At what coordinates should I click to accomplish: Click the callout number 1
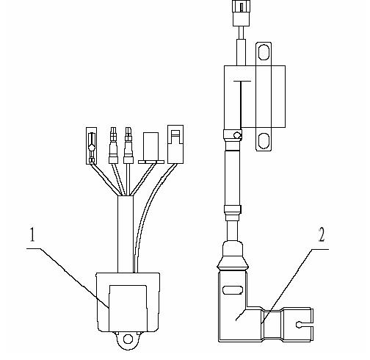(32, 234)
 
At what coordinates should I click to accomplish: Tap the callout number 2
(322, 234)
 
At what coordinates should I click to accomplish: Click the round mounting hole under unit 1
(128, 339)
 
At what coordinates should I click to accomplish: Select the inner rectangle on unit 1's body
(128, 308)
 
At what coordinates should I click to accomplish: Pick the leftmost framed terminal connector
(91, 145)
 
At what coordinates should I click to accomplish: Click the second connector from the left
(113, 145)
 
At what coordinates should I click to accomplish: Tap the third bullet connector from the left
(128, 145)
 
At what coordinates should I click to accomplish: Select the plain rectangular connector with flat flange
(150, 148)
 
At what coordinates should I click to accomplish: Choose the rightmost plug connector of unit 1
(175, 144)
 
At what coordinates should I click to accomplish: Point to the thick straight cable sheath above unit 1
(126, 234)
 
